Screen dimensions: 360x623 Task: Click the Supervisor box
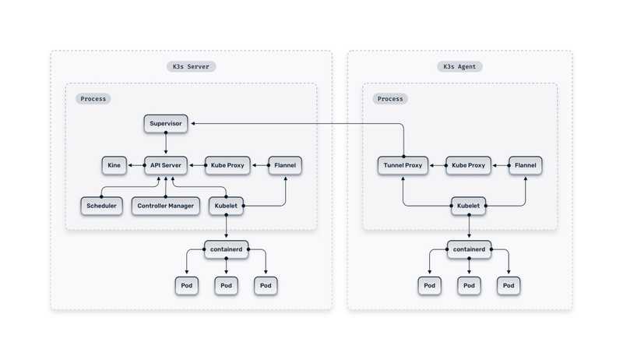coord(165,124)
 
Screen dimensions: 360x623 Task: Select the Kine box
coord(113,165)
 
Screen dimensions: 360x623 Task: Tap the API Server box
coord(165,165)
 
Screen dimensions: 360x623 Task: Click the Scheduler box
coord(101,206)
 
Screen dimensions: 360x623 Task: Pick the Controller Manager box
coord(165,206)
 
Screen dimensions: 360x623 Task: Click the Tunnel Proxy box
coord(403,165)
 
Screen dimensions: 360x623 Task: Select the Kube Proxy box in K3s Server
coord(226,165)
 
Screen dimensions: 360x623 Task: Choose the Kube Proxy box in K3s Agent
coord(469,165)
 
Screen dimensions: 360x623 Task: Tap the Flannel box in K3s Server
coord(285,165)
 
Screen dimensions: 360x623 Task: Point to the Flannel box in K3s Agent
coord(526,165)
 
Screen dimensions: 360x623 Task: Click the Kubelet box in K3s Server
coord(226,206)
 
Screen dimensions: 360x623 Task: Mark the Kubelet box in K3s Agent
coord(469,206)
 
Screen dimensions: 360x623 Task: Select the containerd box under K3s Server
coord(226,249)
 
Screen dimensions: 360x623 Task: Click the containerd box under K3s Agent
coord(469,249)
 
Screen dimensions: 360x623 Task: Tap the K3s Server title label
coord(192,67)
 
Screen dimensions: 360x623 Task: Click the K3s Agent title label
coord(459,67)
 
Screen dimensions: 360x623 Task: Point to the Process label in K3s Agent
coord(390,99)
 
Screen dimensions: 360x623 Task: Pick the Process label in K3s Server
coord(93,99)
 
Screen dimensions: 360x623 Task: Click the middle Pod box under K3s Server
coord(226,285)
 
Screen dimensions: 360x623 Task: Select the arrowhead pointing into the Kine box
coord(128,165)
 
